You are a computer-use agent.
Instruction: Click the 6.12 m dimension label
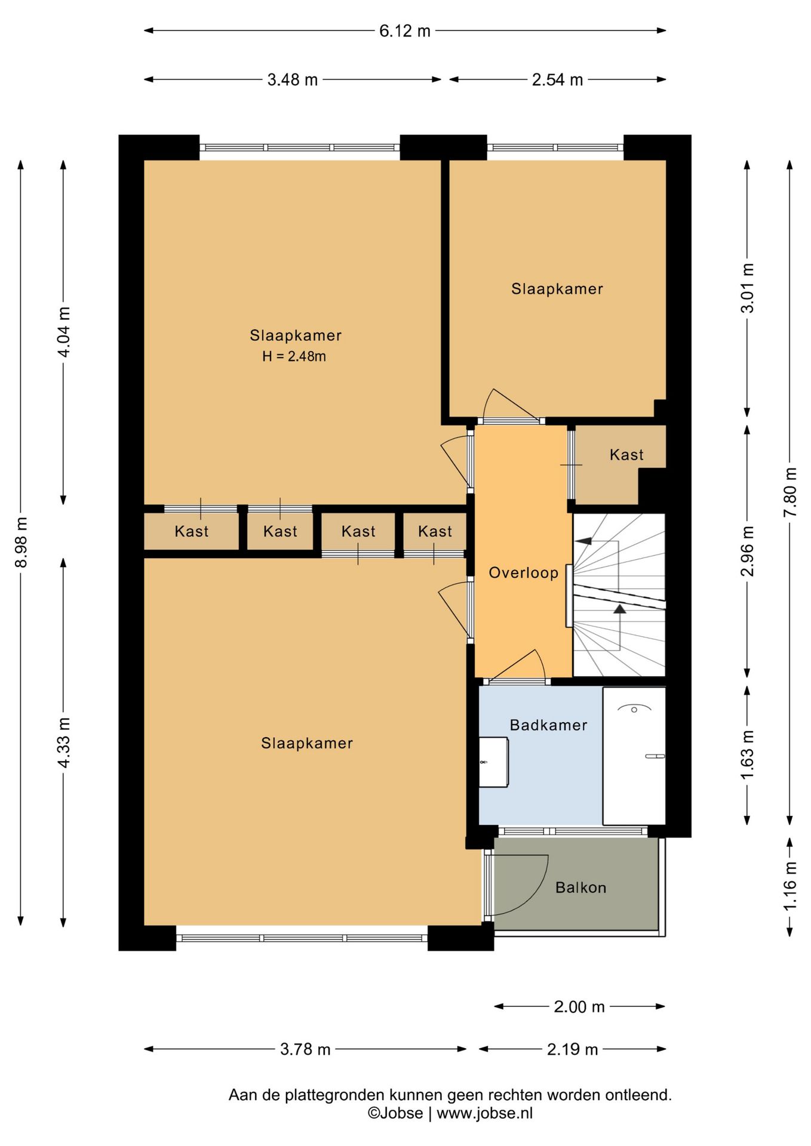tap(405, 31)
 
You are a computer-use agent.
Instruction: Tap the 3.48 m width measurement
tap(293, 80)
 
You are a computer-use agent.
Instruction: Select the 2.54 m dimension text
tap(557, 80)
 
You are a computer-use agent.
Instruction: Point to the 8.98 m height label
tap(21, 543)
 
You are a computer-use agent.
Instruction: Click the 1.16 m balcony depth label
tap(790, 886)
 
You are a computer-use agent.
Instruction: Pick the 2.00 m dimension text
tap(579, 1007)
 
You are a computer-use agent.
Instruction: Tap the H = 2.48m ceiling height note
tap(294, 357)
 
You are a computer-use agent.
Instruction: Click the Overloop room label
tap(524, 573)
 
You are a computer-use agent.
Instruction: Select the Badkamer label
tap(548, 725)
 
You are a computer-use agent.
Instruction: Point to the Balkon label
tap(580, 888)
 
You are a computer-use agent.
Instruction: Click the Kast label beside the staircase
tap(626, 455)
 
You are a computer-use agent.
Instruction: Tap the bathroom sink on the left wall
tap(494, 762)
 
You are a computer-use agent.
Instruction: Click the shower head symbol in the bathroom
tap(634, 708)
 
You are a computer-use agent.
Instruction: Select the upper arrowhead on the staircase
tap(583, 541)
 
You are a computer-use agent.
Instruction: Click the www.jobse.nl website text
tap(484, 1113)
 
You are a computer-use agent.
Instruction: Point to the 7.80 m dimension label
tap(790, 492)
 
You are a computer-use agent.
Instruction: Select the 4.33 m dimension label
tap(64, 743)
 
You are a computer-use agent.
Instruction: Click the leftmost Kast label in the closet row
tap(192, 531)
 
